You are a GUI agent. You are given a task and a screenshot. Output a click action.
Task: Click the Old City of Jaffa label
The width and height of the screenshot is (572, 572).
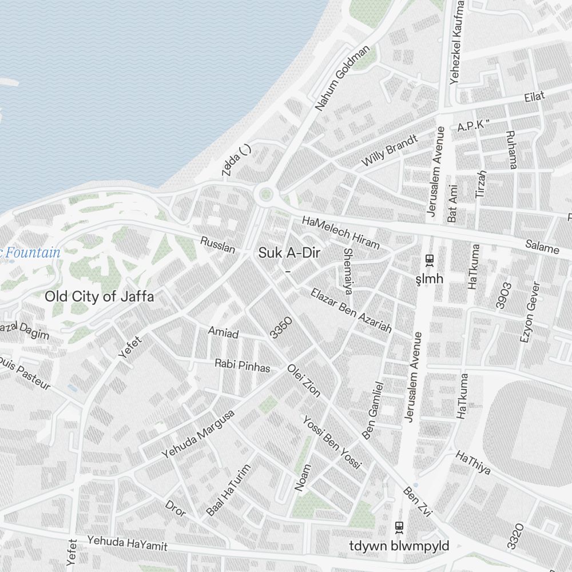click(100, 297)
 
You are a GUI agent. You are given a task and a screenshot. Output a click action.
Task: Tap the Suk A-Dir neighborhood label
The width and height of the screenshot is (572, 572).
click(287, 252)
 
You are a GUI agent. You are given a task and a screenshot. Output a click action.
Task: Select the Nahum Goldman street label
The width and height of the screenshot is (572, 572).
click(343, 78)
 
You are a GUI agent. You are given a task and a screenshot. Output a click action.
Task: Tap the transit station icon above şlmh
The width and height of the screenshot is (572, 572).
click(429, 260)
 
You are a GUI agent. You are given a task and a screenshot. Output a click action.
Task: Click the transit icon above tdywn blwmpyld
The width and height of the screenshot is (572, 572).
click(399, 527)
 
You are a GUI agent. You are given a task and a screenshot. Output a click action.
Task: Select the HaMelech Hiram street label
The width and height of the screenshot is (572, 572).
click(340, 232)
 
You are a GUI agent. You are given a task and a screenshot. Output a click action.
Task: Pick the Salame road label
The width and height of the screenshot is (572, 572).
click(542, 248)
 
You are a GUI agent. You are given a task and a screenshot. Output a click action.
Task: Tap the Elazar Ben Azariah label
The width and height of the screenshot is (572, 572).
click(351, 311)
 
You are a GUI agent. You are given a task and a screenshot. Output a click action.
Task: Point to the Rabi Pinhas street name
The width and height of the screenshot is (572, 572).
click(242, 366)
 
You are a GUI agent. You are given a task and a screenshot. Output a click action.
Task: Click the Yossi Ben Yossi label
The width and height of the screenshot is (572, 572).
click(332, 442)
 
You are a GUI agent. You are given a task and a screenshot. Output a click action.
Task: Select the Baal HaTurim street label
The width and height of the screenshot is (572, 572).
click(229, 490)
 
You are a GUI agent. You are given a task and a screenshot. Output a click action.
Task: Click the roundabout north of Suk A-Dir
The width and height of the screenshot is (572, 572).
click(265, 195)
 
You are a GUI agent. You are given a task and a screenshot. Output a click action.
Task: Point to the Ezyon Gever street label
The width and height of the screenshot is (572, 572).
click(530, 312)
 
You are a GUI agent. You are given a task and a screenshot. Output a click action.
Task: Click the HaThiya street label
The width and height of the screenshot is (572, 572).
click(473, 462)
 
